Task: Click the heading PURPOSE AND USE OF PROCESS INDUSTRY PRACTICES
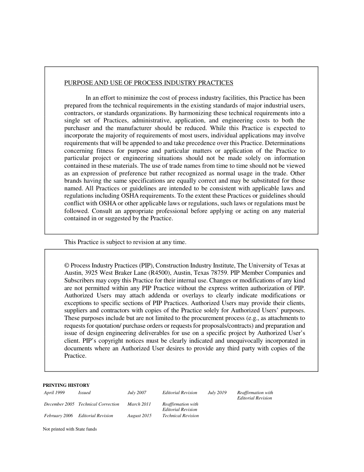tap(149, 83)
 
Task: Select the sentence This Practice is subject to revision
tap(125, 242)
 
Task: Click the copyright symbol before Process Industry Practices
tap(67, 266)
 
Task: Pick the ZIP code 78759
tap(220, 273)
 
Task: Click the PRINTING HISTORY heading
tap(66, 385)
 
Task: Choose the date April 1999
tap(54, 393)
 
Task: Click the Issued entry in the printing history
tap(84, 393)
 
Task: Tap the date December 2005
tap(59, 404)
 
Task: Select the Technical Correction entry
tap(98, 404)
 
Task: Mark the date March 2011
tap(139, 404)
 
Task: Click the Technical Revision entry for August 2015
tap(180, 416)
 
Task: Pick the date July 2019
tap(217, 393)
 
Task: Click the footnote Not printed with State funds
tap(70, 429)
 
